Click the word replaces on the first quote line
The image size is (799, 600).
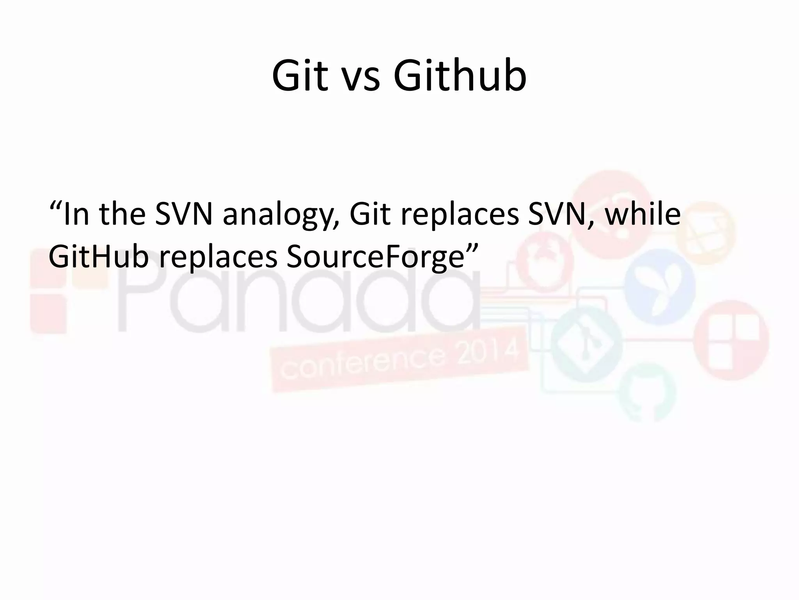pyautogui.click(x=460, y=216)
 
